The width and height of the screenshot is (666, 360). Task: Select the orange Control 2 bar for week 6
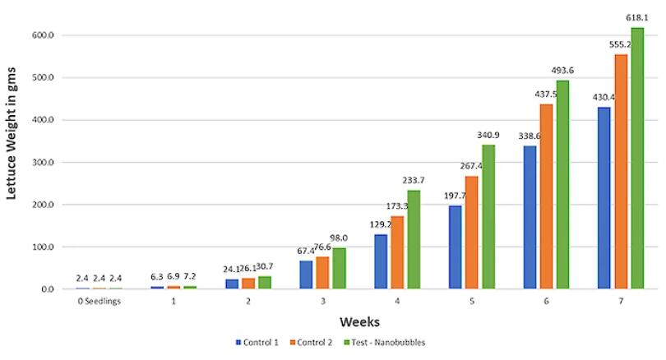pos(546,196)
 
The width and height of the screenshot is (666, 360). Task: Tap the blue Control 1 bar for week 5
pos(456,247)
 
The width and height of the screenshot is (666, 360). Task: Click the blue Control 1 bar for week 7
pos(604,198)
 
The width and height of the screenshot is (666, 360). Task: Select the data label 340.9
pos(488,136)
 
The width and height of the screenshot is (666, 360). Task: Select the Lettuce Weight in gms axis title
pos(14,164)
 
